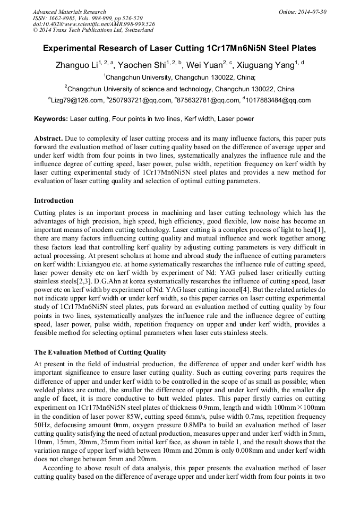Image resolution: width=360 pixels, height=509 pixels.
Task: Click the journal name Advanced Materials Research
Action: click(x=69, y=12)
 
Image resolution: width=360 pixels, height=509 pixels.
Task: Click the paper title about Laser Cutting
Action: click(x=179, y=48)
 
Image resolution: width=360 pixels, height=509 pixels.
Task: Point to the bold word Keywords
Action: click(x=51, y=119)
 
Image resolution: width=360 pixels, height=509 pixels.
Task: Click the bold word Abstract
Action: click(x=49, y=138)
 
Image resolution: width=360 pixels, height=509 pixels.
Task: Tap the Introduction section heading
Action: click(x=54, y=201)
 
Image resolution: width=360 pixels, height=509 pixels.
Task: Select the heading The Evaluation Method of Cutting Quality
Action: click(x=100, y=352)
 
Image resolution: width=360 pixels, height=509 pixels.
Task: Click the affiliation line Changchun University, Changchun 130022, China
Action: click(x=181, y=77)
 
